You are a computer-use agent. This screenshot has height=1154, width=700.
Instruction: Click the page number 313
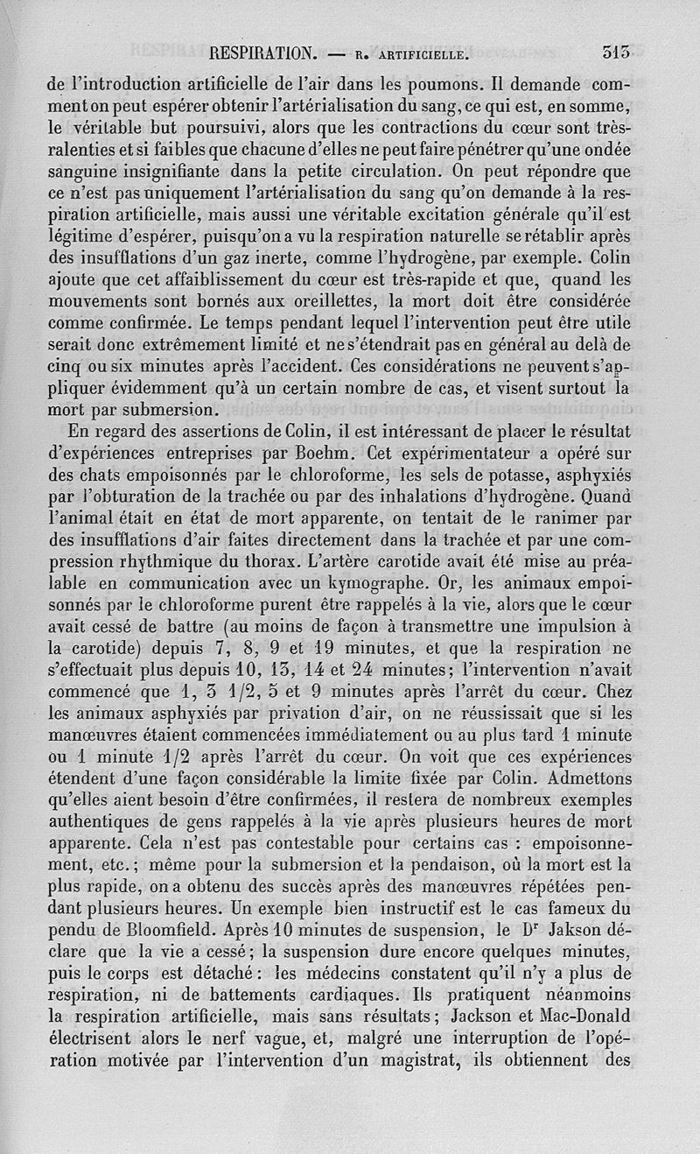pyautogui.click(x=616, y=52)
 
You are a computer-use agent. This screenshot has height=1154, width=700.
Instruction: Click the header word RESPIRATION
pyautogui.click(x=262, y=53)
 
